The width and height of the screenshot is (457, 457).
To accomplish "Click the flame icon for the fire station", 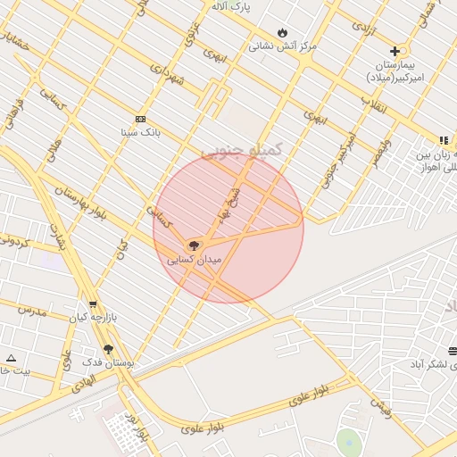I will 283,32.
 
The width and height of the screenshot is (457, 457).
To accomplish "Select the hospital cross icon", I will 395,51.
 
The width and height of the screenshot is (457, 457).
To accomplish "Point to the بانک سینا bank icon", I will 140,119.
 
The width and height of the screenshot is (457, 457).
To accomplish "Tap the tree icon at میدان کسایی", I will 193,245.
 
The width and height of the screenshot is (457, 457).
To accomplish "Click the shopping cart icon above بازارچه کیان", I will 93,304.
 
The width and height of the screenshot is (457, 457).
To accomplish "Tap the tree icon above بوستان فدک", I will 109,349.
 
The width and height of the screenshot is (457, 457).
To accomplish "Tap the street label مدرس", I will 31,311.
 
